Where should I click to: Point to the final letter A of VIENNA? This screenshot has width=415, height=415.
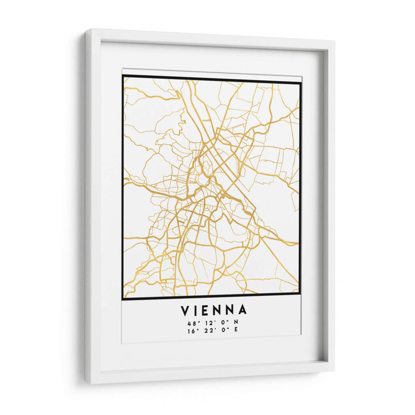coord(242,311)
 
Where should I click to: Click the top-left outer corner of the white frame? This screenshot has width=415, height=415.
coord(86,30)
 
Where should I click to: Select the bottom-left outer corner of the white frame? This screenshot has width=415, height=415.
coord(87,384)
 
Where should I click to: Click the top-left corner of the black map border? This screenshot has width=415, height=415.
coord(122,76)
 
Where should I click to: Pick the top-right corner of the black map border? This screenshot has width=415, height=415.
coord(301,82)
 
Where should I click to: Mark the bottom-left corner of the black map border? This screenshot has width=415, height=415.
coord(122,299)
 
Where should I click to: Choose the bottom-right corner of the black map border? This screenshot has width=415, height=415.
coord(301,295)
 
